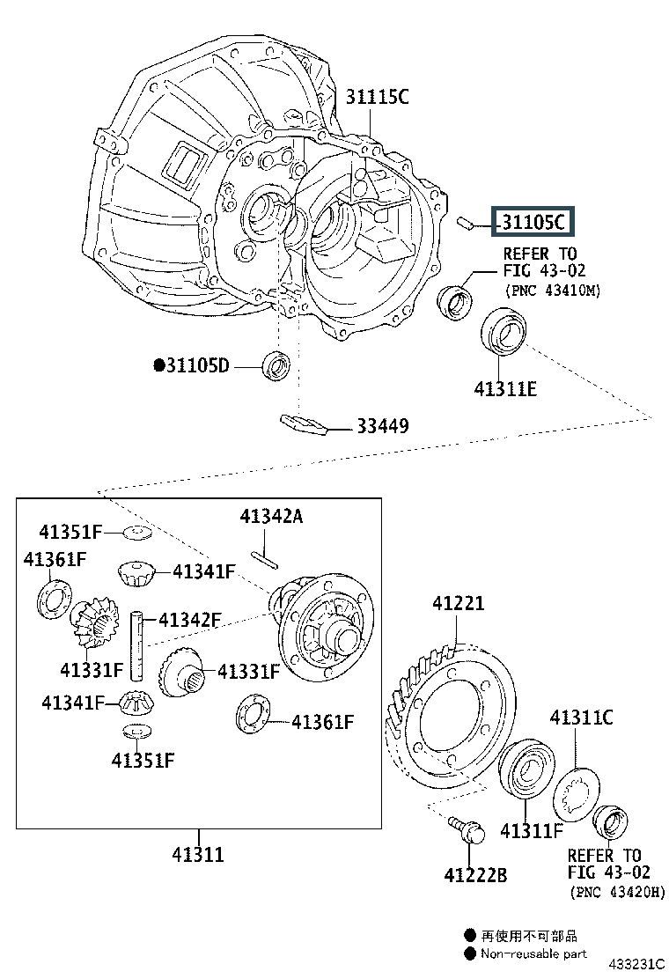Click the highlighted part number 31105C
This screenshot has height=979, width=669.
[x=533, y=222]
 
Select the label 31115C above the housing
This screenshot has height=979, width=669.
[x=377, y=98]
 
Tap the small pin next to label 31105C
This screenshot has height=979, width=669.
[x=467, y=222]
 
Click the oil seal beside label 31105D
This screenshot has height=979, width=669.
[x=276, y=364]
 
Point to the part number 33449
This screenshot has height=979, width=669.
[x=382, y=426]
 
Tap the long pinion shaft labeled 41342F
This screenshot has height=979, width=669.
[x=138, y=645]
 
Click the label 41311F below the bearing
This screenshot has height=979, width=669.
[x=532, y=830]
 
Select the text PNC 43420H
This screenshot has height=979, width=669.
[x=617, y=892]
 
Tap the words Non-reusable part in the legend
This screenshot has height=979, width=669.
[x=533, y=953]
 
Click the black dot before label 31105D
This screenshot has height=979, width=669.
[x=159, y=364]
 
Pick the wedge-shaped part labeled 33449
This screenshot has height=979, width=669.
[x=303, y=423]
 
